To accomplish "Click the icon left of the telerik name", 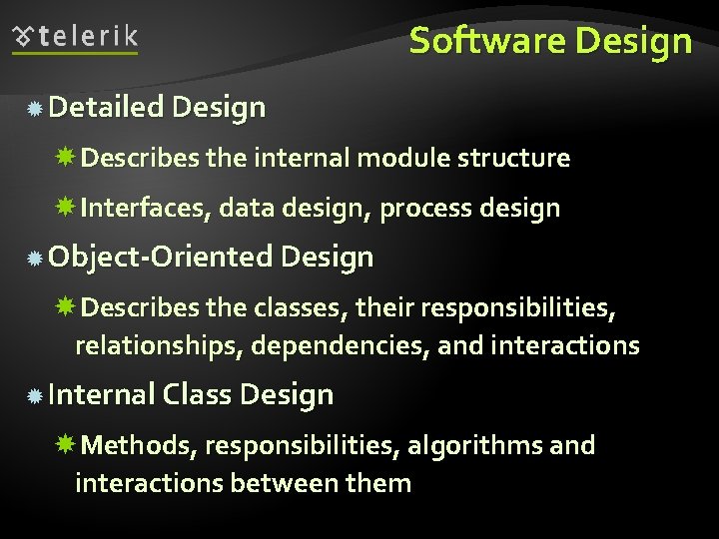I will tap(25, 38).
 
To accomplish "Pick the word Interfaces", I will tap(145, 208).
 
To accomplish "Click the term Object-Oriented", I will tap(160, 257).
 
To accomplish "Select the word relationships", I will tap(159, 346).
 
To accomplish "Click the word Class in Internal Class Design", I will tap(197, 394).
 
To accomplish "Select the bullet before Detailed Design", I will tap(34, 108).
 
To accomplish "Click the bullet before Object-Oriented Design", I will tap(34, 259).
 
